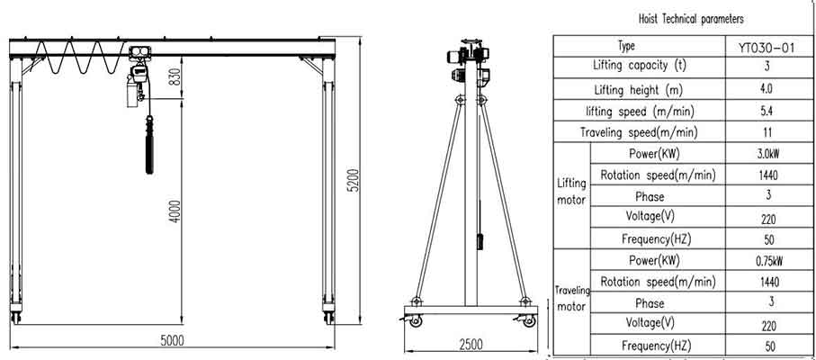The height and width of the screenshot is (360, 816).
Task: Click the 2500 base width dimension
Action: pos(470,344)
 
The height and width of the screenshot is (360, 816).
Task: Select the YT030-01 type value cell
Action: pos(767,46)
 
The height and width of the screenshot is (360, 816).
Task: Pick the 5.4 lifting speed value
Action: pos(767,111)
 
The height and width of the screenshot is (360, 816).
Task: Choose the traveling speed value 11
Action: pos(767,132)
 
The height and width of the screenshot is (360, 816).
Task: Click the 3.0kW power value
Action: pos(767,154)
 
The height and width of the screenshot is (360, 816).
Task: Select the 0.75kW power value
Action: pos(767,261)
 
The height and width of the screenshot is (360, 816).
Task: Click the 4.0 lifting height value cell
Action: pos(767,89)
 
